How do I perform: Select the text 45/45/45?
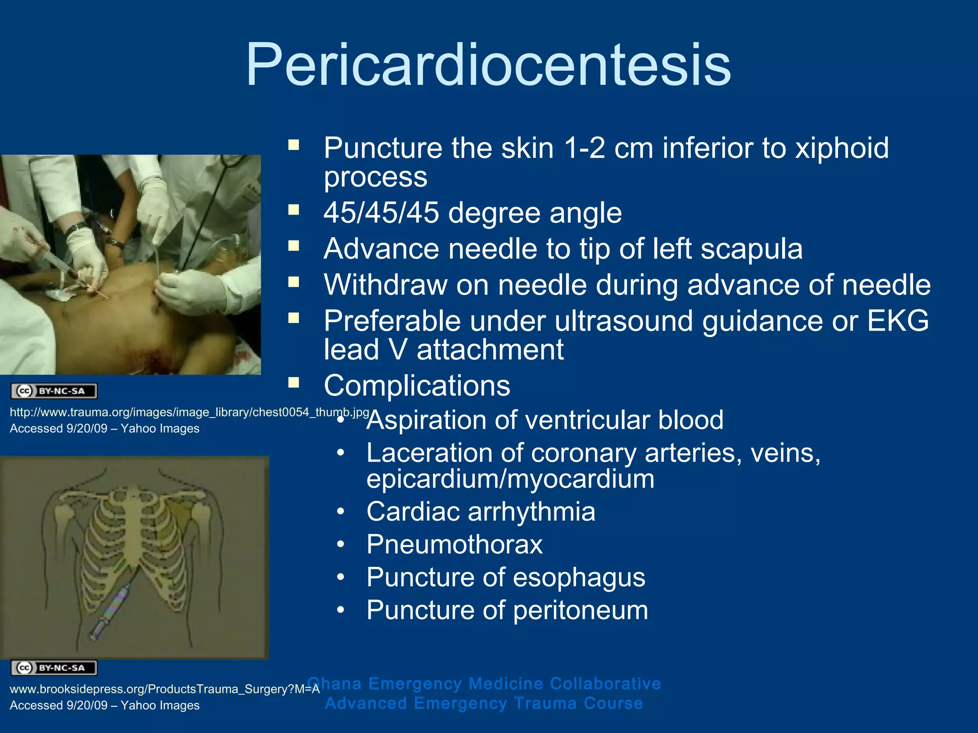381,212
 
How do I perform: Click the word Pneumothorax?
454,545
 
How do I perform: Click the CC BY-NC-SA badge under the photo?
54,391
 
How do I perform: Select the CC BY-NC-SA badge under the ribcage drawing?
54,668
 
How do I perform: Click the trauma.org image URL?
189,412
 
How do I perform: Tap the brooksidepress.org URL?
164,689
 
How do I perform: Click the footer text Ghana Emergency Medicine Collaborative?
484,683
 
